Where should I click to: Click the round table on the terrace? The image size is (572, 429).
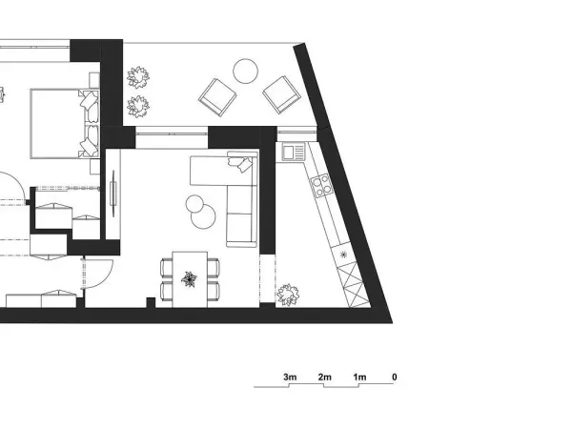point(246,71)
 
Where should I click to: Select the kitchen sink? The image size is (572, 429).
point(294,152)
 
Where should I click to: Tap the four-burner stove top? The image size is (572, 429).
point(321,186)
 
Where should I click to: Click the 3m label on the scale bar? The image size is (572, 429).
point(290,377)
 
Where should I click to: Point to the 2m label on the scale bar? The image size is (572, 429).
point(325,377)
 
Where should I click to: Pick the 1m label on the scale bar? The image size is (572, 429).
point(359,377)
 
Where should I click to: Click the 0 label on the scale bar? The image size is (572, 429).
point(395,377)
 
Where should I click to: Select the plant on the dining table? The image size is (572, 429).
point(190,279)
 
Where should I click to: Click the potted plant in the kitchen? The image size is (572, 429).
point(288,295)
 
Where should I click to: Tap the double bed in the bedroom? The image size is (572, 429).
point(65,124)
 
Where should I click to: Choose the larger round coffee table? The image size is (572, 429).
point(203,216)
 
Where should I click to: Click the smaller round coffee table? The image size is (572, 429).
point(194,204)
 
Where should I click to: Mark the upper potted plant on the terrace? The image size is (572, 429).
point(138,77)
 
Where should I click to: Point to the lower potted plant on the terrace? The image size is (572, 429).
point(138,107)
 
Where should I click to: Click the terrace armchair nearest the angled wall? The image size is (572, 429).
point(281,94)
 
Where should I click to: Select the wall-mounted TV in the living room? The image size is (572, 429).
point(113,194)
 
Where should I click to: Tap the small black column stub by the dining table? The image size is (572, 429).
point(151,303)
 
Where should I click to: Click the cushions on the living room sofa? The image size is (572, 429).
point(240,162)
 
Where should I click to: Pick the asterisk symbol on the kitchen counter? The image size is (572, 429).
point(343,255)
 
